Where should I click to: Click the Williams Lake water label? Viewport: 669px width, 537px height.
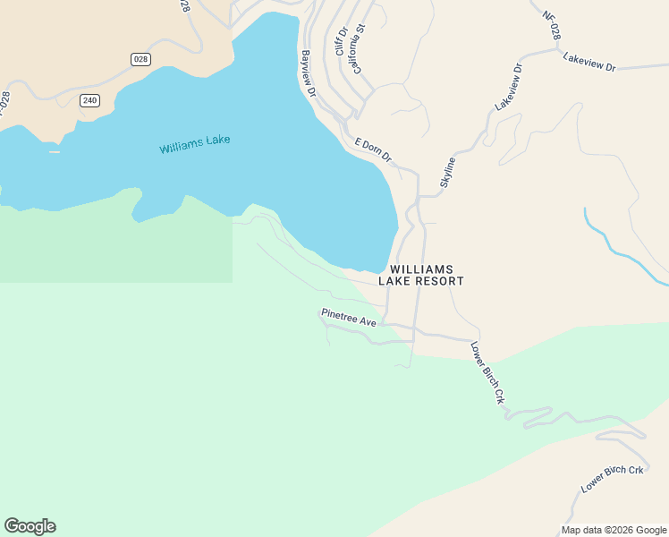tap(195, 144)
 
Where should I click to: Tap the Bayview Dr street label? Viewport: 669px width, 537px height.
tap(309, 73)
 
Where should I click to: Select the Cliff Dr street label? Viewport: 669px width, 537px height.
tap(341, 40)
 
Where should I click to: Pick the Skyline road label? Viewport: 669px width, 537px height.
tap(447, 172)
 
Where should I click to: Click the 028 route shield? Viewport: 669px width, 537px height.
tap(140, 59)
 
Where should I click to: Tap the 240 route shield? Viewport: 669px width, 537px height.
tap(89, 100)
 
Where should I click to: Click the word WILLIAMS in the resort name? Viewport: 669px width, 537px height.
tap(421, 269)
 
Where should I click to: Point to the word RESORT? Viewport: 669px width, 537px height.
tap(437, 281)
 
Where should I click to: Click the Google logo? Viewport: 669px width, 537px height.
tap(30, 526)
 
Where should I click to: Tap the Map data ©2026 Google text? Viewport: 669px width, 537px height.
tap(614, 530)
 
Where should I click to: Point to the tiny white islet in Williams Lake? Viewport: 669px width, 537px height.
tap(55, 151)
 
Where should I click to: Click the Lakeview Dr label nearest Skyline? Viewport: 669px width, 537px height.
tap(507, 87)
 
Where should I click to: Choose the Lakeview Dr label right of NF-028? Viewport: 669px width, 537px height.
tap(589, 66)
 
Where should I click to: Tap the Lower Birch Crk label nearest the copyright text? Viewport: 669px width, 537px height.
tap(613, 481)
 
